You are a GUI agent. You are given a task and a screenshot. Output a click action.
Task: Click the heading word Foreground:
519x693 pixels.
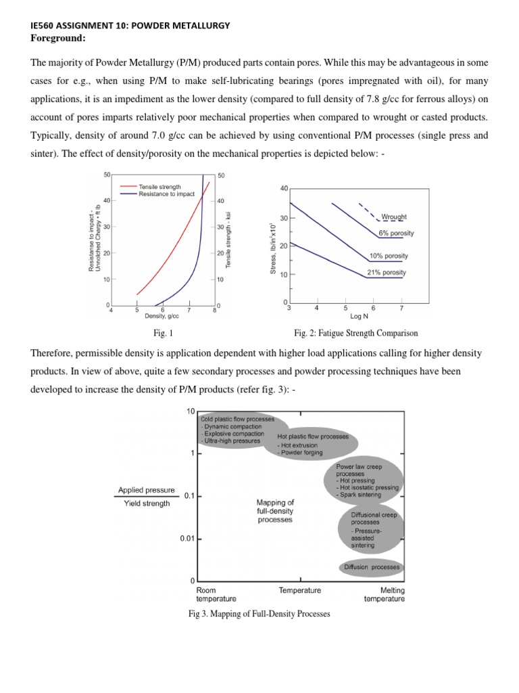[x=58, y=38]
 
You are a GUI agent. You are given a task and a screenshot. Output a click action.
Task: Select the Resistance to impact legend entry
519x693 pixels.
[x=166, y=194]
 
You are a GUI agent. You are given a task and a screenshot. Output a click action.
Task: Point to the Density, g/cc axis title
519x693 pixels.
[x=162, y=316]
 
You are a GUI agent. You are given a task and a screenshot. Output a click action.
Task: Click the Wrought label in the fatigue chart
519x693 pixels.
[x=394, y=217]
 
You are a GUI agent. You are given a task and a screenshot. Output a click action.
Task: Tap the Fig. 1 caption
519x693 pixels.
[x=164, y=333]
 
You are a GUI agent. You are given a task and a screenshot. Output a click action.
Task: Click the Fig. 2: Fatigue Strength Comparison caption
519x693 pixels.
[x=356, y=333]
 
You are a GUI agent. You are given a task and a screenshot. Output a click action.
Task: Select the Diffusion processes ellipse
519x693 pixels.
[x=372, y=567]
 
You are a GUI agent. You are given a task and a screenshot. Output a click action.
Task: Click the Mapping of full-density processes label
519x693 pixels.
[x=275, y=511]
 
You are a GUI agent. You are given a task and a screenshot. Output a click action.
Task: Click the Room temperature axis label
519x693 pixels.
[x=216, y=594]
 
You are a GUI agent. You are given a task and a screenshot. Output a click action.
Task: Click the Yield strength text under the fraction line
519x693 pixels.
[x=147, y=504]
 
